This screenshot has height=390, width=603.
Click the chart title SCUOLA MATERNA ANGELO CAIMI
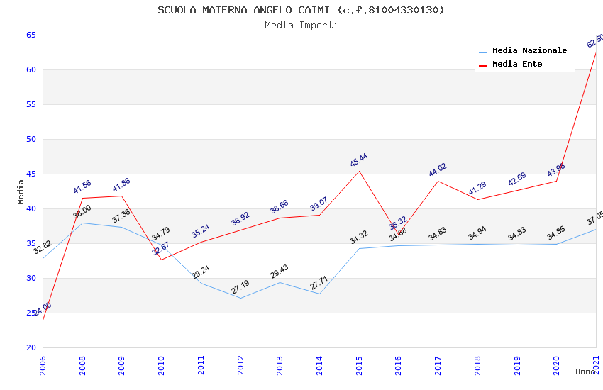(x=301, y=10)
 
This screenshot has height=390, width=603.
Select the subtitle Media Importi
(x=301, y=25)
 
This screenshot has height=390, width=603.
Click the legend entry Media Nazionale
(x=529, y=50)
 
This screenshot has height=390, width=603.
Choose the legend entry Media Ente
(x=517, y=64)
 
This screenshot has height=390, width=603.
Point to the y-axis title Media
(x=21, y=191)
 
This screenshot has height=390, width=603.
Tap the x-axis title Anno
(x=585, y=372)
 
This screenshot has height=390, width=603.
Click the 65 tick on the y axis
(x=31, y=35)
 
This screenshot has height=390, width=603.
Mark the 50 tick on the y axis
(x=31, y=139)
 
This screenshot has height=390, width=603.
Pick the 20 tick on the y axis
(x=31, y=347)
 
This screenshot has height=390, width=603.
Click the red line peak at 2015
(x=360, y=171)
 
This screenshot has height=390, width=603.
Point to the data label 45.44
(x=359, y=160)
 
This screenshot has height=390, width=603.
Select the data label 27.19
(x=240, y=287)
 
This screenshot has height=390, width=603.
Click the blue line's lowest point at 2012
(x=241, y=298)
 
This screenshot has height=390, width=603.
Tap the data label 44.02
(x=438, y=170)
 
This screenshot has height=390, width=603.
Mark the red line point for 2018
(x=477, y=199)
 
